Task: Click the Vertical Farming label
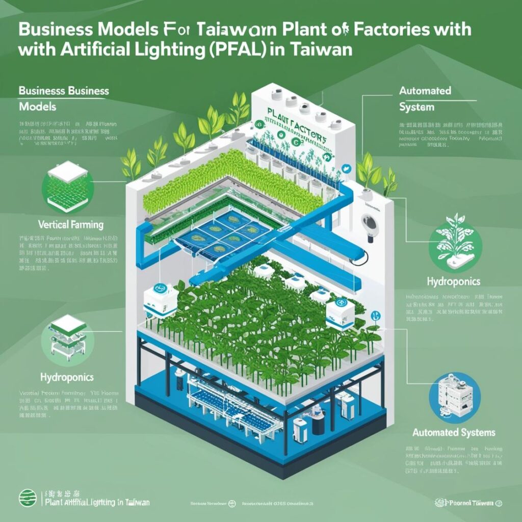click(71, 224)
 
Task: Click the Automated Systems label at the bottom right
click(454, 433)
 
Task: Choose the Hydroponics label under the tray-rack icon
click(67, 377)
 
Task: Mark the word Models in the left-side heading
click(38, 107)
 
